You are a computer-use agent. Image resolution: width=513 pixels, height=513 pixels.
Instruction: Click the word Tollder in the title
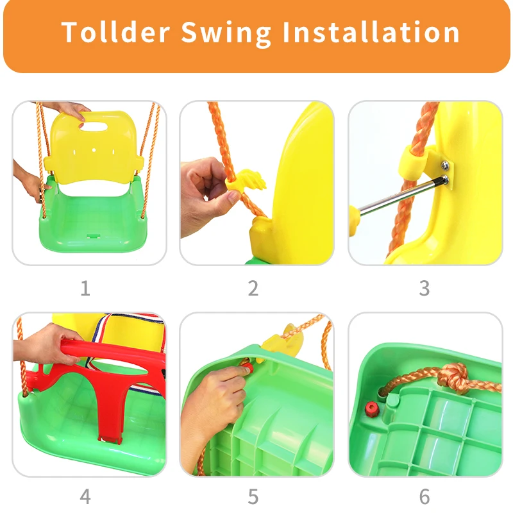pos(115,32)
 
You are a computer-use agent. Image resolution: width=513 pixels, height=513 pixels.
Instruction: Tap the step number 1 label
pos(85,289)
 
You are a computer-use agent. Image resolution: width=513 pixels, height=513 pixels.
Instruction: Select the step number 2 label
pos(253,289)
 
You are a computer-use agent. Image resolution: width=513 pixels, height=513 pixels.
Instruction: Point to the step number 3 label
pos(424,289)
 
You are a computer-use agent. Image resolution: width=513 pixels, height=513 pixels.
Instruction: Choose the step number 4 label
pos(85,496)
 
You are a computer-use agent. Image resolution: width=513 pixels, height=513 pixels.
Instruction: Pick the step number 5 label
pos(253,496)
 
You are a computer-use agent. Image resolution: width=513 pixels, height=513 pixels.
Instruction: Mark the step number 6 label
pos(424,496)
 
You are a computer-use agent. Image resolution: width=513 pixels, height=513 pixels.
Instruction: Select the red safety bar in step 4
pos(103,378)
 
